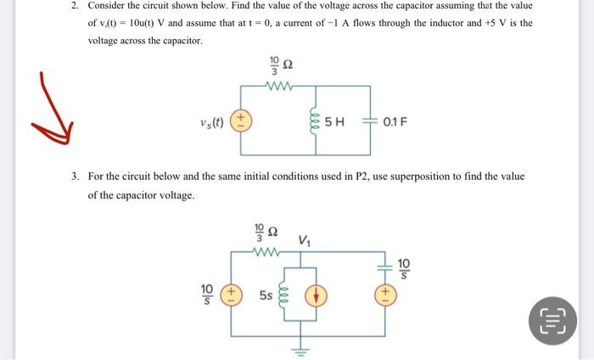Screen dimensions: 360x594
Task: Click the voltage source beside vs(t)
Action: pyautogui.click(x=241, y=120)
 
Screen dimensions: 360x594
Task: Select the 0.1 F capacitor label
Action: pyautogui.click(x=395, y=121)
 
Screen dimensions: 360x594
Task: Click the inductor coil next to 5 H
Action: pyautogui.click(x=315, y=121)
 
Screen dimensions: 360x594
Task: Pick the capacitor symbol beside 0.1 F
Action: pyautogui.click(x=370, y=121)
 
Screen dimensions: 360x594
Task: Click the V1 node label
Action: pyautogui.click(x=305, y=241)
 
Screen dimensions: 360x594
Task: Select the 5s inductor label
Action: pyautogui.click(x=266, y=295)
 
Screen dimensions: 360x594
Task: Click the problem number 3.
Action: pyautogui.click(x=75, y=177)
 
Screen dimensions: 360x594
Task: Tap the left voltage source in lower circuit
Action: pyautogui.click(x=230, y=295)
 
